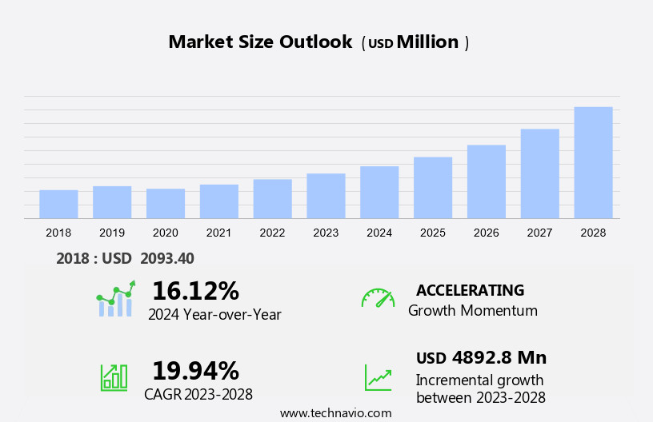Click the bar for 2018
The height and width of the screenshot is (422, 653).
tap(58, 204)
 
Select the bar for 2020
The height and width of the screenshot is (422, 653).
tap(166, 203)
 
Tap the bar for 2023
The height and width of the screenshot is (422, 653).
tap(326, 196)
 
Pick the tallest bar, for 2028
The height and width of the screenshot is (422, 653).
tap(593, 162)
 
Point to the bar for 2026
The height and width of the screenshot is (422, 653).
tap(487, 181)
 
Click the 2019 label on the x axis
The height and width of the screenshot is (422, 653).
tap(112, 233)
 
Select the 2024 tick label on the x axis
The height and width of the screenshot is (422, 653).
tap(379, 233)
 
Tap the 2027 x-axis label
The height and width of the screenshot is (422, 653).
tap(539, 233)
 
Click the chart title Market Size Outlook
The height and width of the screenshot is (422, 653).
tap(260, 42)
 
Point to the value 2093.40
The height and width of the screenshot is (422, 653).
tap(167, 258)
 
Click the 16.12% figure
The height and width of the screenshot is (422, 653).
tap(195, 290)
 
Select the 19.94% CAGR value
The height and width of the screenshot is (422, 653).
tap(195, 371)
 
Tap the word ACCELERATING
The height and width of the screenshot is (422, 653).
tap(470, 290)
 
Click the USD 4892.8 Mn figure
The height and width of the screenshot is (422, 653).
tap(481, 357)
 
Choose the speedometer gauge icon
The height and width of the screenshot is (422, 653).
tap(378, 298)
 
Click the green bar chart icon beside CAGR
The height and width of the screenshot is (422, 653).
tap(114, 377)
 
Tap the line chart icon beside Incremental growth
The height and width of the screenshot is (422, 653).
tap(378, 377)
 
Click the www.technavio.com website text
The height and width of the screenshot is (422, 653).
tap(335, 413)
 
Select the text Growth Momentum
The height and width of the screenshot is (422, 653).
tap(472, 310)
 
